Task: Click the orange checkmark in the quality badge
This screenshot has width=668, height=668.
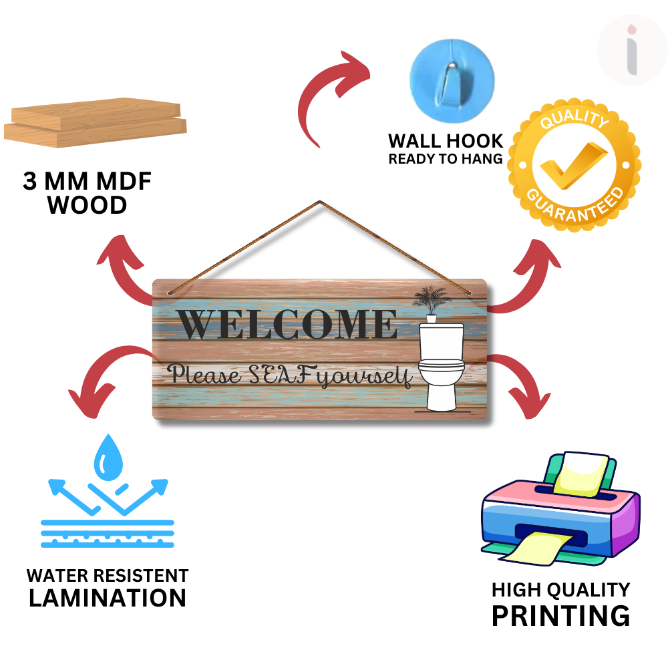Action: click(573, 164)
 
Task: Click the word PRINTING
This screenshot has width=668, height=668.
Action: click(560, 615)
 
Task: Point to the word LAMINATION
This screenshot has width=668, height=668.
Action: click(108, 598)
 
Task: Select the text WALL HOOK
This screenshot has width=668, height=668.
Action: click(446, 141)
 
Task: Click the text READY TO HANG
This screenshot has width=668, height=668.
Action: click(446, 159)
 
